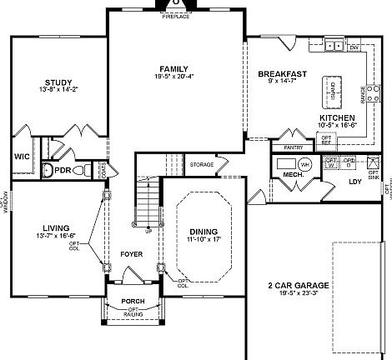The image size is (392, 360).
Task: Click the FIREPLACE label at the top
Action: pyautogui.click(x=175, y=17)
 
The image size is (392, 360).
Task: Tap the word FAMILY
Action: pyautogui.click(x=173, y=68)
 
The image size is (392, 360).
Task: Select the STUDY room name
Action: pyautogui.click(x=58, y=82)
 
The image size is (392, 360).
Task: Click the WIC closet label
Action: pyautogui.click(x=23, y=156)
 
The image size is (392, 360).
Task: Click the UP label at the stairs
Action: pyautogui.click(x=148, y=231)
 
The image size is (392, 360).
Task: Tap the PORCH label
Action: pyautogui.click(x=133, y=301)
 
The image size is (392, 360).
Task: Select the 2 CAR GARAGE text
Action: pyautogui.click(x=298, y=285)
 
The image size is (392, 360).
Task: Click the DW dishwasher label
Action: pyautogui.click(x=354, y=48)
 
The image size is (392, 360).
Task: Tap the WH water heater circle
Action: pyautogui.click(x=304, y=165)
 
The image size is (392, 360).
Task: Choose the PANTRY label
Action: pyautogui.click(x=292, y=147)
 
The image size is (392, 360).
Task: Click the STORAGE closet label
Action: pyautogui.click(x=201, y=164)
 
